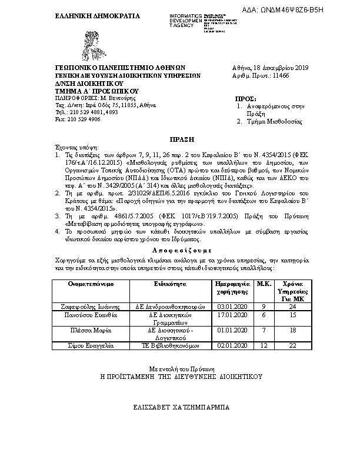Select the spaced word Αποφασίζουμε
pyautogui.click(x=180, y=249)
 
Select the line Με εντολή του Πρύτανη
pyautogui.click(x=181, y=367)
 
